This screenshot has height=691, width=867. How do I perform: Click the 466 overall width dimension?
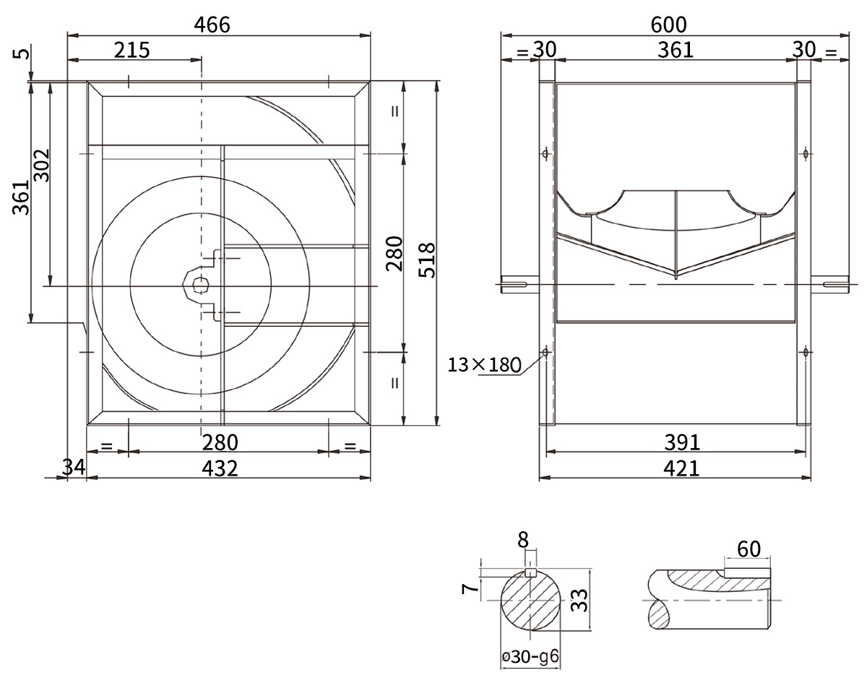coord(212,25)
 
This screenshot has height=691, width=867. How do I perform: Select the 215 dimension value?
coord(131,51)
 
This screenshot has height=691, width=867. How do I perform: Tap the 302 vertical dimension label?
coord(41,166)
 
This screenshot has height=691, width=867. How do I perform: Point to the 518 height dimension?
coord(427,260)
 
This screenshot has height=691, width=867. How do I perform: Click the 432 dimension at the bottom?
coord(220,468)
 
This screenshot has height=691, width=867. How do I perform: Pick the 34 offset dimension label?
coord(73,467)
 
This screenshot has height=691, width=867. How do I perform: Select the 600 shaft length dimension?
coord(668,25)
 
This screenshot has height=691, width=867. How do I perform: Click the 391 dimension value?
coord(682,442)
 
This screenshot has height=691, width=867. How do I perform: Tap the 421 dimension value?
coord(681,468)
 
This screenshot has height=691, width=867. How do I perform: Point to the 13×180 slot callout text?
coord(484,365)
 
